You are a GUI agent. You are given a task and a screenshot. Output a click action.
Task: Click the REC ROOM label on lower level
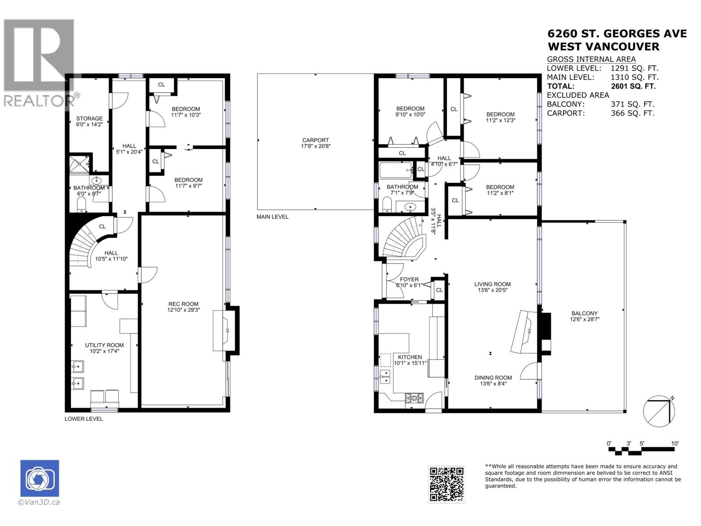point(183,304)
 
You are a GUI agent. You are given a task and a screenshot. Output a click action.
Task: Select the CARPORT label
point(315,140)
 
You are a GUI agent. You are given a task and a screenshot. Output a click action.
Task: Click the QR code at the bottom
point(446,484)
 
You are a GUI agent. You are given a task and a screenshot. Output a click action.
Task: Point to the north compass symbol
point(659,411)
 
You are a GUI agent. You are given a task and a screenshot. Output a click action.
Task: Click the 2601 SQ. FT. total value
point(633,86)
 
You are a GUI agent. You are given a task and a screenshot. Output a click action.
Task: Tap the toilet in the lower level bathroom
point(81,204)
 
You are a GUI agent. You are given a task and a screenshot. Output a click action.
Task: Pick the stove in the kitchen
point(414,398)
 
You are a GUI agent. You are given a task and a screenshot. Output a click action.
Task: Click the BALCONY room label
point(584,313)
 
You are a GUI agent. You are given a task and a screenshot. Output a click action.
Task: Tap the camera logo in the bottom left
point(39,478)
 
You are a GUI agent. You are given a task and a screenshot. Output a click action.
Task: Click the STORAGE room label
point(89,118)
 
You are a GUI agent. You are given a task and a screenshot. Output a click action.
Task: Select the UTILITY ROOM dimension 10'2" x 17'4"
point(104,351)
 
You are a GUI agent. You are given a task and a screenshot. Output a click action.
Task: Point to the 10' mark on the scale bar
point(675,444)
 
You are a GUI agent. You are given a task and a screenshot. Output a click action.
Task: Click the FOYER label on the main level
point(409,279)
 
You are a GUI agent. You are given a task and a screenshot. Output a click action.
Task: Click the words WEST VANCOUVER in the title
point(603,47)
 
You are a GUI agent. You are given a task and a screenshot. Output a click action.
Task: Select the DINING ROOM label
point(493,377)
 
